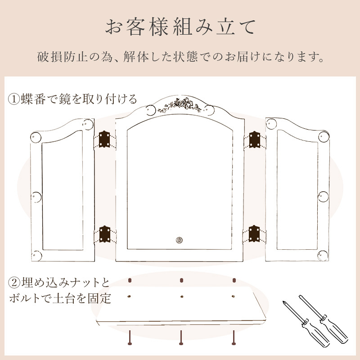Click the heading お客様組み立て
coord(180,27)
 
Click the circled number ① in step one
coord(14,99)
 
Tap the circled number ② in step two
coord(14,283)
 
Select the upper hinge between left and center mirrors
coord(104,139)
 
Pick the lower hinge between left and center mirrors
coord(104,234)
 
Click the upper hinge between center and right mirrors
coord(254,139)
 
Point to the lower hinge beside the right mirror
coord(254,234)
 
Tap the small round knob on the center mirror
coord(179,240)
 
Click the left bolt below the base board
coord(130,337)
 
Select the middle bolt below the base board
coord(181,337)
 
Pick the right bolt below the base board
coord(234,337)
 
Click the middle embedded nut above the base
coord(181,280)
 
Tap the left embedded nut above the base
coord(130,280)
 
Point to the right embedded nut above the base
coord(234,280)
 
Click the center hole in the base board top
coord(182,297)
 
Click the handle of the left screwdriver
coord(316,333)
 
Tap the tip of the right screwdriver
coord(299,296)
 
